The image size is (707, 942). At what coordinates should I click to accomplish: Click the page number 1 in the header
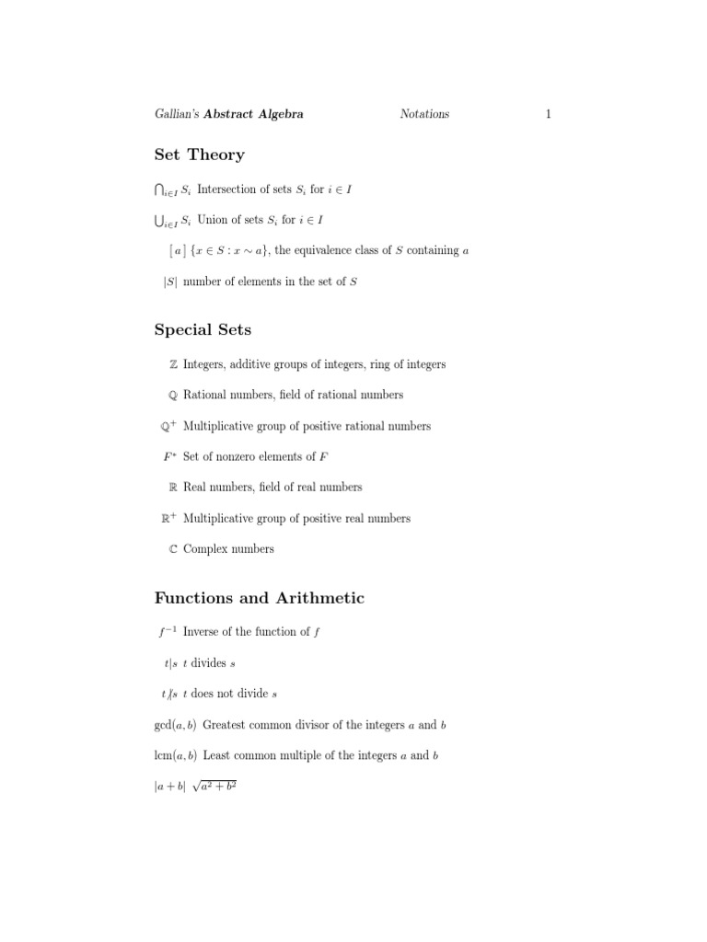548,114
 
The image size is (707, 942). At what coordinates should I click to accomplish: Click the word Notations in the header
424,114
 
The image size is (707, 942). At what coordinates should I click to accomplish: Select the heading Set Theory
200,155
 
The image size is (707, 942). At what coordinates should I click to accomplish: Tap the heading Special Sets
203,329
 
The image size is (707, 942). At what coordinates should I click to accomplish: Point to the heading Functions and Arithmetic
260,598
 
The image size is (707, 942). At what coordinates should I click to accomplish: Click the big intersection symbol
160,190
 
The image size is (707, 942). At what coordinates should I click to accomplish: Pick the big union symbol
160,220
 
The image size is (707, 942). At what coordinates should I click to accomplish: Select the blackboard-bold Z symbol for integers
173,364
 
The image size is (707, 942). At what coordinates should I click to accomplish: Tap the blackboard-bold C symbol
173,549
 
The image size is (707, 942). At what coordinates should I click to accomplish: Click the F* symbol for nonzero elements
169,456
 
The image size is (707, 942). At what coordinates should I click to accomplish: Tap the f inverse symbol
166,631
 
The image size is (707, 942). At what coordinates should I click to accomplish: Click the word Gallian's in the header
177,114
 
